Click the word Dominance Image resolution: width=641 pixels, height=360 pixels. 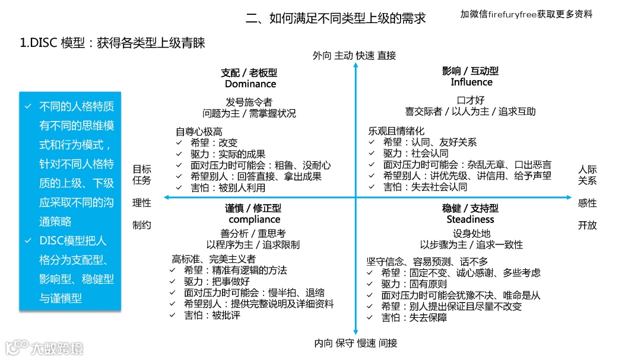250,84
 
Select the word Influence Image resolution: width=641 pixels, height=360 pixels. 471,82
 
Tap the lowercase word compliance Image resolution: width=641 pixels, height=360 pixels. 254,219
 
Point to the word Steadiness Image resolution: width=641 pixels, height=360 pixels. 470,219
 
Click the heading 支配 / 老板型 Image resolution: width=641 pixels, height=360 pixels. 249,72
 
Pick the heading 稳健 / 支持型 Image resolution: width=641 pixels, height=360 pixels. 470,208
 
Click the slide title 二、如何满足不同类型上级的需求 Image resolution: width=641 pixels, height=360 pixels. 336,18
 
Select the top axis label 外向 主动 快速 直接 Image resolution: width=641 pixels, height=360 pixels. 354,56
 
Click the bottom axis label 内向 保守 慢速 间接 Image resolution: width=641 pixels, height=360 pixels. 356,343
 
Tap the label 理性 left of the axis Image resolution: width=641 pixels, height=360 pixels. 141,202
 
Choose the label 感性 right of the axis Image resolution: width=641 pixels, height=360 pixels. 587,202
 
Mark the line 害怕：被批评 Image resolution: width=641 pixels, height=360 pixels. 212,315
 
